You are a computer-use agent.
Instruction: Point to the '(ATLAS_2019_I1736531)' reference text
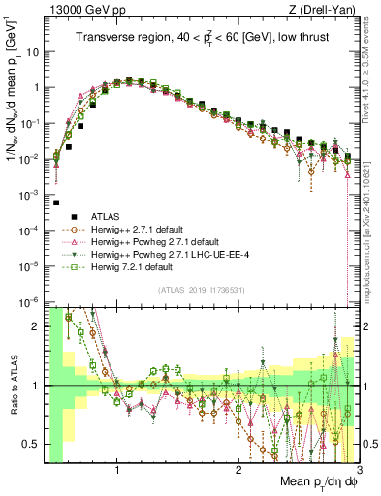click(x=199, y=290)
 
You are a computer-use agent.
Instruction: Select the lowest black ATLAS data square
click(x=56, y=202)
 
